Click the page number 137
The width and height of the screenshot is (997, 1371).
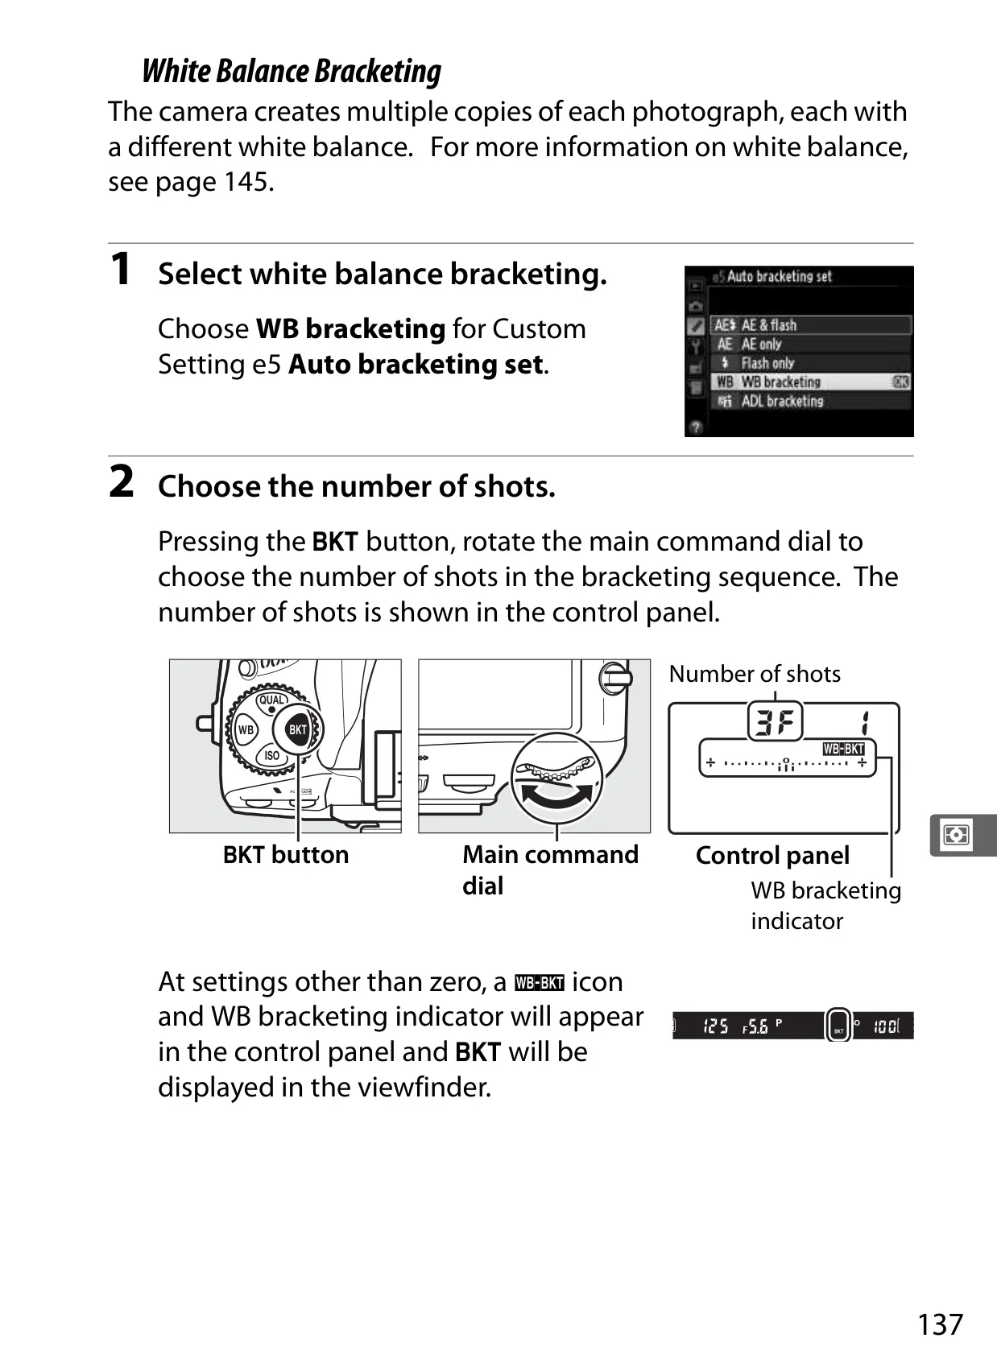(940, 1324)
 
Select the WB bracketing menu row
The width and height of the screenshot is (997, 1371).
(811, 382)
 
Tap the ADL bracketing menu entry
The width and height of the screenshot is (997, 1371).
(811, 402)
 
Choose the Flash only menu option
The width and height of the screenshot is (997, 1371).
(811, 363)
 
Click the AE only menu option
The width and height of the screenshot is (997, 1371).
(811, 344)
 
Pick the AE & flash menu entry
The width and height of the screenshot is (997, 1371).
(811, 325)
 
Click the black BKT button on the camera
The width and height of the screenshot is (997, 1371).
(298, 729)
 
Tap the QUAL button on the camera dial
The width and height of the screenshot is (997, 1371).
(272, 700)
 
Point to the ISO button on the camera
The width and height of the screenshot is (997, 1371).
(272, 755)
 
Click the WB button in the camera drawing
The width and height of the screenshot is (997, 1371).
(246, 729)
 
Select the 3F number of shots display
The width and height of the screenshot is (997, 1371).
(776, 721)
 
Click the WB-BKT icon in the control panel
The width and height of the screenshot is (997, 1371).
(843, 749)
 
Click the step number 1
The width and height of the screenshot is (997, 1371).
(120, 269)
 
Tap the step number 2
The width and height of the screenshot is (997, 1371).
(122, 481)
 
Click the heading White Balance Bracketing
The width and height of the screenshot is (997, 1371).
(292, 71)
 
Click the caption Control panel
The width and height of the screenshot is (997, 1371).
(772, 856)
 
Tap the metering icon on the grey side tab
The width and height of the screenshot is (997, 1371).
(957, 835)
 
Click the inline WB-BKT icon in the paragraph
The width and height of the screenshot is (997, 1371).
(540, 983)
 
